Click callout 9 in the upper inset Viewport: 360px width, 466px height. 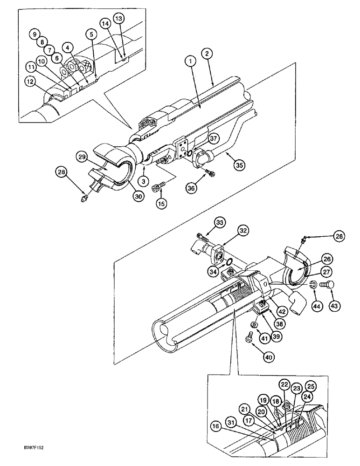click(33, 33)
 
